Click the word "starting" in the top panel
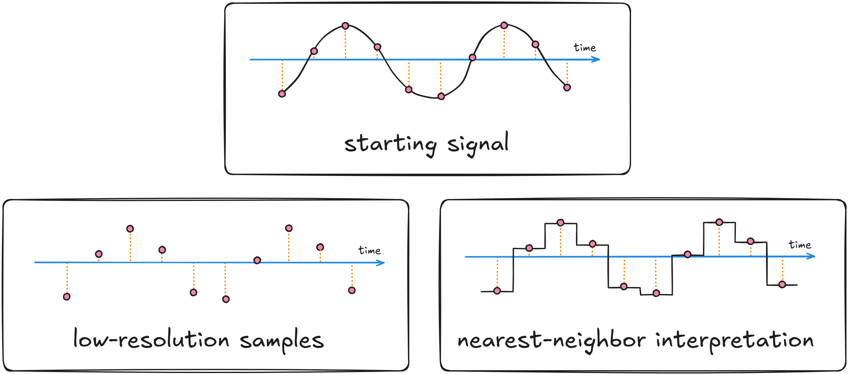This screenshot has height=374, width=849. pyautogui.click(x=391, y=145)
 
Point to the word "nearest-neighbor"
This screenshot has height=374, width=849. pyautogui.click(x=551, y=340)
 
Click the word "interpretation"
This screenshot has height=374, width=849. pyautogui.click(x=734, y=340)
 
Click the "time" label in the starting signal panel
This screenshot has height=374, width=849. pyautogui.click(x=585, y=48)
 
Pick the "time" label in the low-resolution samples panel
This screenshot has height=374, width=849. pyautogui.click(x=369, y=251)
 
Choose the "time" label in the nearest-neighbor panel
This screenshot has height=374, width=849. pyautogui.click(x=800, y=245)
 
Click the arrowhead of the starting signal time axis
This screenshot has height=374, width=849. pyautogui.click(x=597, y=59)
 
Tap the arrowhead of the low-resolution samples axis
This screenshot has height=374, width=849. pyautogui.click(x=381, y=263)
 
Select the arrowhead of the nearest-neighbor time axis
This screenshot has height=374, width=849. pyautogui.click(x=812, y=256)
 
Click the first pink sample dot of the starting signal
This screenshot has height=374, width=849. pyautogui.click(x=282, y=94)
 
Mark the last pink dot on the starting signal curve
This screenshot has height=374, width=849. pyautogui.click(x=567, y=88)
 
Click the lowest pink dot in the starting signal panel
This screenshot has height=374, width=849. pyautogui.click(x=441, y=96)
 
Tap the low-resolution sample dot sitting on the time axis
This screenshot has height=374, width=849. pyautogui.click(x=257, y=261)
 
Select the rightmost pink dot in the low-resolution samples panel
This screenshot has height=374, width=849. pyautogui.click(x=352, y=291)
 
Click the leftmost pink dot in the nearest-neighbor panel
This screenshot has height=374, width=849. pyautogui.click(x=497, y=291)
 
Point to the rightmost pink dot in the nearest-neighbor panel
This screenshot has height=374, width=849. pyautogui.click(x=782, y=285)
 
